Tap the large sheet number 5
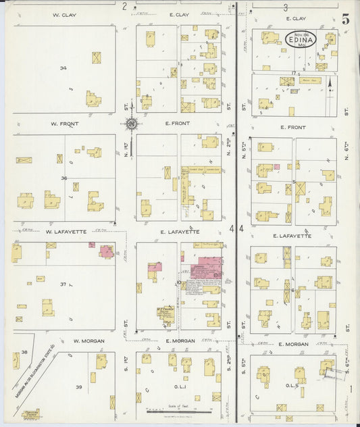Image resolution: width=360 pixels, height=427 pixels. (345, 20)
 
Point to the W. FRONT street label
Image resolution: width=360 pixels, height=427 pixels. (64, 124)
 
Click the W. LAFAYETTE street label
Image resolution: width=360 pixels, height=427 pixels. (66, 232)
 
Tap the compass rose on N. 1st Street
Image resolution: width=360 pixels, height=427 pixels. (131, 124)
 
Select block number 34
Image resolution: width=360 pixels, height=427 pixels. (63, 68)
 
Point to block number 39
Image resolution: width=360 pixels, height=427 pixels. (78, 386)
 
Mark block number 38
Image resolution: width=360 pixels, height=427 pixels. (24, 352)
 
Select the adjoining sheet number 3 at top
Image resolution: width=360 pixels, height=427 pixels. (286, 7)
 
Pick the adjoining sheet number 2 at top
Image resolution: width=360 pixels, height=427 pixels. (124, 6)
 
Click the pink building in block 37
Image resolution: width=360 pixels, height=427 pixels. (107, 251)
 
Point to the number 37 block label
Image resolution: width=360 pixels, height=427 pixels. (63, 284)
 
